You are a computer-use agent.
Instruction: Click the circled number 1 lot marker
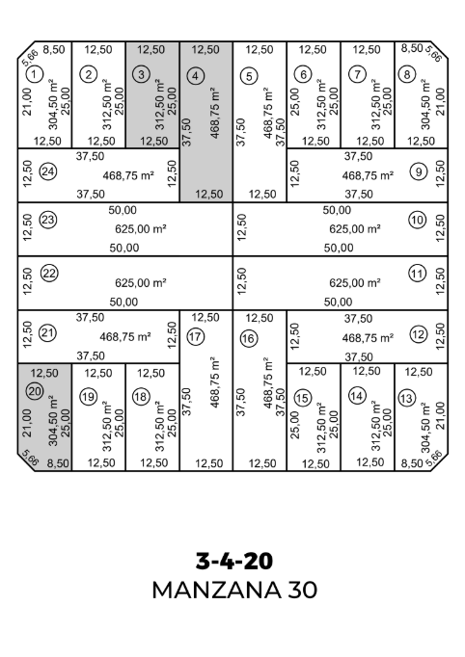point(35,75)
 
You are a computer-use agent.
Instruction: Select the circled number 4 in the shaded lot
point(195,76)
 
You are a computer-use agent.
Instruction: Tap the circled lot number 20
point(35,391)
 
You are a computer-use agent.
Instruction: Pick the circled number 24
point(48,171)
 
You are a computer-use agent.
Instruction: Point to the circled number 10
point(417,220)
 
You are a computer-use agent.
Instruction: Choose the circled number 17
point(195,337)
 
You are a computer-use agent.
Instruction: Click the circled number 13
point(406,398)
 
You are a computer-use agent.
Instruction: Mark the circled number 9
point(419,171)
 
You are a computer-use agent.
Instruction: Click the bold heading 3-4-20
point(234,561)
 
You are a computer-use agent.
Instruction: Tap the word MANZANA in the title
point(216,590)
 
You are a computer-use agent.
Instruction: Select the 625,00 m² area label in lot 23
point(141,228)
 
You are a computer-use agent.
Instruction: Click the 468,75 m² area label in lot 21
point(125,337)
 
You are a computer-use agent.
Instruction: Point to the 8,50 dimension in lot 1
point(54,49)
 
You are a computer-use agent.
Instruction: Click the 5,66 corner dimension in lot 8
point(433,54)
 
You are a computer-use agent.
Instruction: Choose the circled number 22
point(49,274)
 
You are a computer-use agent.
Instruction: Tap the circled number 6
point(303,74)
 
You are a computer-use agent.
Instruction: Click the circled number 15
point(302,398)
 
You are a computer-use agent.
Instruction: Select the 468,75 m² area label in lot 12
point(368,338)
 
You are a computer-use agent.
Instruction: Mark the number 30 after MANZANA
point(302,590)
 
